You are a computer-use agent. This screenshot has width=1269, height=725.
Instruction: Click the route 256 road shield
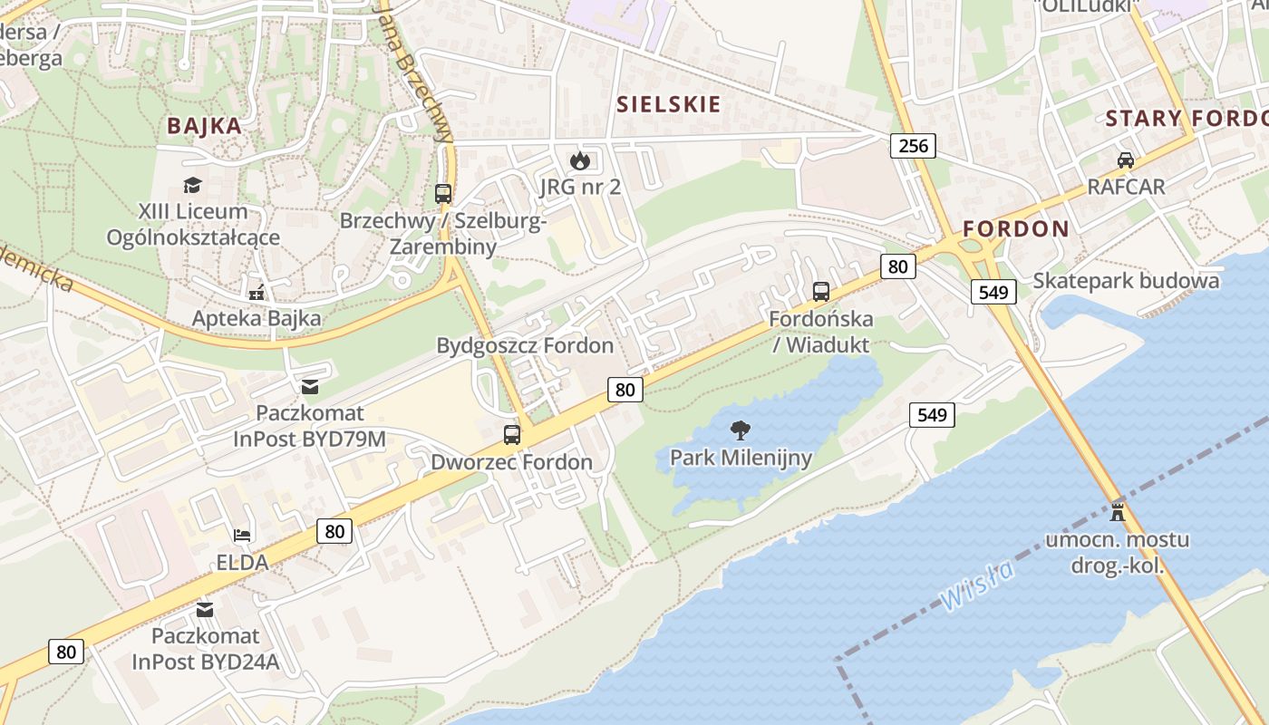coord(912,145)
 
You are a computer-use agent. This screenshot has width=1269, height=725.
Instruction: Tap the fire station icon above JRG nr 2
coord(579,161)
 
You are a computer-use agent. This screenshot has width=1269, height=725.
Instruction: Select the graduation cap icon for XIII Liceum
coord(192,186)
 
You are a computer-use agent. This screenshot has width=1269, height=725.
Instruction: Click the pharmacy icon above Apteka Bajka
coord(257,293)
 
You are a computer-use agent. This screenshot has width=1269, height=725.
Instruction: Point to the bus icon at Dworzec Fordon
coord(512,434)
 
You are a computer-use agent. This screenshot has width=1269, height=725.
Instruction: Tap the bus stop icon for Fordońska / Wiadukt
coord(821,292)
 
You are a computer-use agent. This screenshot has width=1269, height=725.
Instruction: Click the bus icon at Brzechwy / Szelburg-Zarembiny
coord(442,193)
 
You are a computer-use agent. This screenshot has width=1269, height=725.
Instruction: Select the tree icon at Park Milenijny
coord(741,430)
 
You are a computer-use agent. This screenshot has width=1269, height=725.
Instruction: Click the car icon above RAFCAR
coord(1126,160)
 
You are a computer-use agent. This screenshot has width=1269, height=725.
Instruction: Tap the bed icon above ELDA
coord(242,535)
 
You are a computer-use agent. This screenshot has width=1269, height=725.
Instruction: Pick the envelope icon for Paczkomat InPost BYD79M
coord(310,387)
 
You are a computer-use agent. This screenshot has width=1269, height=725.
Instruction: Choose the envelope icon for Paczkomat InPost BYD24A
coord(205,609)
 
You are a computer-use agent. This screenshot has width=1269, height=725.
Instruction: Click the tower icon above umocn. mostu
coord(1118,511)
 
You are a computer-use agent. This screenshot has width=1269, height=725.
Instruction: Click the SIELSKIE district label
coord(669,104)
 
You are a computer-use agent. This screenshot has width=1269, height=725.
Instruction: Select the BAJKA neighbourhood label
coord(204,126)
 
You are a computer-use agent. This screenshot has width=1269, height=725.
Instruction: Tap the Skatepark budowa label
coord(1126,280)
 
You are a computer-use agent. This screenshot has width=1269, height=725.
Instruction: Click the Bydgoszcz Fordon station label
coord(525,345)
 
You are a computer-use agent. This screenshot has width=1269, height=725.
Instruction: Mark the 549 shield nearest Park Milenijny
coord(932,415)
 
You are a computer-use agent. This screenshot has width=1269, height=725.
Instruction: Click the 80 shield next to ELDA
coord(334,531)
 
